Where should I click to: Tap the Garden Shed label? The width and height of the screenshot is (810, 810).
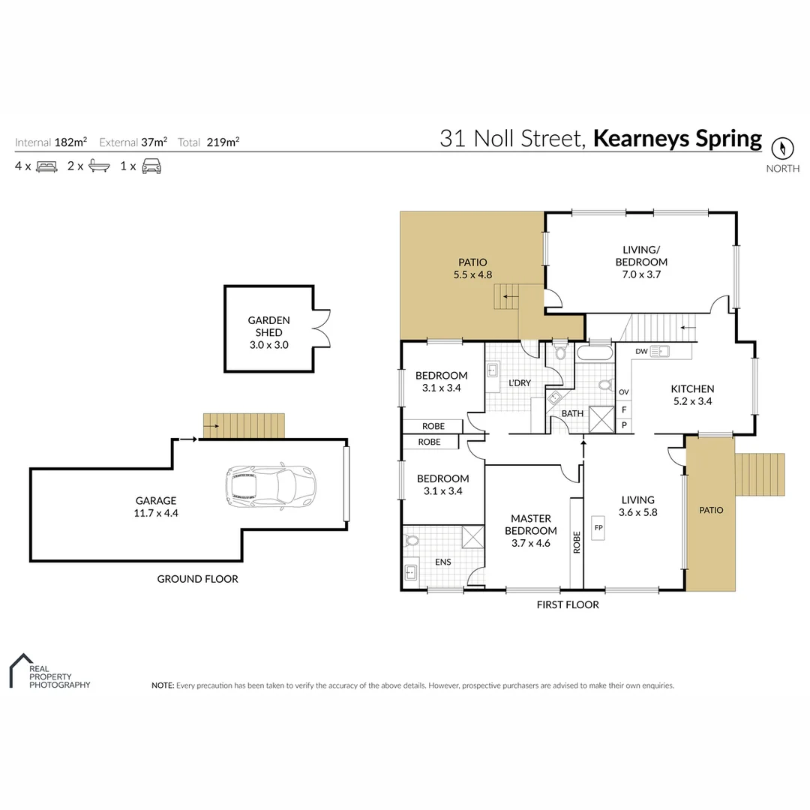(x=268, y=326)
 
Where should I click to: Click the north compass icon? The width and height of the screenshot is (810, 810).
(x=782, y=147)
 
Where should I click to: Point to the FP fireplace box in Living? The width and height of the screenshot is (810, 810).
(x=598, y=527)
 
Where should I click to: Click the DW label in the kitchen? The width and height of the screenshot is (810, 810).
(x=641, y=351)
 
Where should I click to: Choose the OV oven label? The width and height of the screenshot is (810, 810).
(x=623, y=392)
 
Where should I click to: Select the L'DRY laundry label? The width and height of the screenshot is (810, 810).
(x=519, y=383)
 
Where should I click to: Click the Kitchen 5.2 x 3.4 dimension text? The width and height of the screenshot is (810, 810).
(x=692, y=401)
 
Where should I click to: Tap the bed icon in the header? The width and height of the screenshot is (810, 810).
(x=46, y=166)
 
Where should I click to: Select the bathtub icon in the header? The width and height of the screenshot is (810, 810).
(x=99, y=166)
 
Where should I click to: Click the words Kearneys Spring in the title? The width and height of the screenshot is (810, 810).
(x=677, y=139)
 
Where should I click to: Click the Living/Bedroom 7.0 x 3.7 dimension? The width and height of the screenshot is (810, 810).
(x=641, y=274)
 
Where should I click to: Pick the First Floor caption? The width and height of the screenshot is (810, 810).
(x=568, y=604)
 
